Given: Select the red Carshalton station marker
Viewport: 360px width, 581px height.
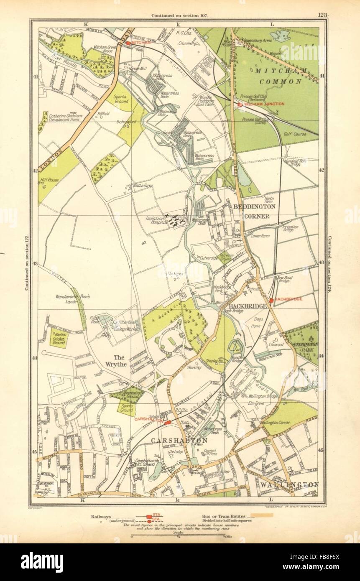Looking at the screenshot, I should (168, 423).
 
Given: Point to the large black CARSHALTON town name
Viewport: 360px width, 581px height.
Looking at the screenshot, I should (179, 441).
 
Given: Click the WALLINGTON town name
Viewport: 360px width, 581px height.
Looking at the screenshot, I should (289, 484).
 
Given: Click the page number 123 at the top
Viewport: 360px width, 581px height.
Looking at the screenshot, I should (322, 15).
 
